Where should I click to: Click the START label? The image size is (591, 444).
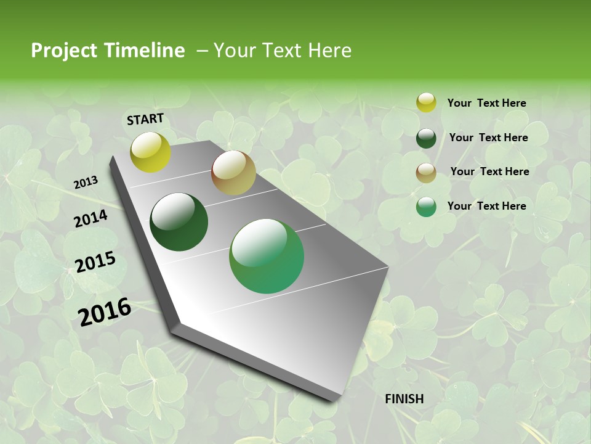145,119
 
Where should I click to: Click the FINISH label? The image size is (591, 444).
404,399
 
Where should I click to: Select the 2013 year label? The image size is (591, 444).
86,183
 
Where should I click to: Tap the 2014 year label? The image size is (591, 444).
90,218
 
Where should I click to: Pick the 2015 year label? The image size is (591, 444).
95,262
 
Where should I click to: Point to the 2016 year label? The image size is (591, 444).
105,312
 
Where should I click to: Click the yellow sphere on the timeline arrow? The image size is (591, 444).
150,152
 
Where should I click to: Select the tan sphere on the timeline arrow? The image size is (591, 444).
233,173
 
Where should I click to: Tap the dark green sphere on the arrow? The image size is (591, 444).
179,222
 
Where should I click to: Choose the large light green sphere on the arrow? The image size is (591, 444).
267,256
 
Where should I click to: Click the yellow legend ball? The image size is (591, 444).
426,103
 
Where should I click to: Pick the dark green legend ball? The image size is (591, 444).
426,138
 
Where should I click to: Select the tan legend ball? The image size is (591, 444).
426,173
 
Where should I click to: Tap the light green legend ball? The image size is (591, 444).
426,207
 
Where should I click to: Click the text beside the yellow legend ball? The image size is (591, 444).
486,104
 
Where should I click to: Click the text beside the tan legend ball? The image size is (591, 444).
489,171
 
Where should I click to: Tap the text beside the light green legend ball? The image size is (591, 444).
486,206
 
